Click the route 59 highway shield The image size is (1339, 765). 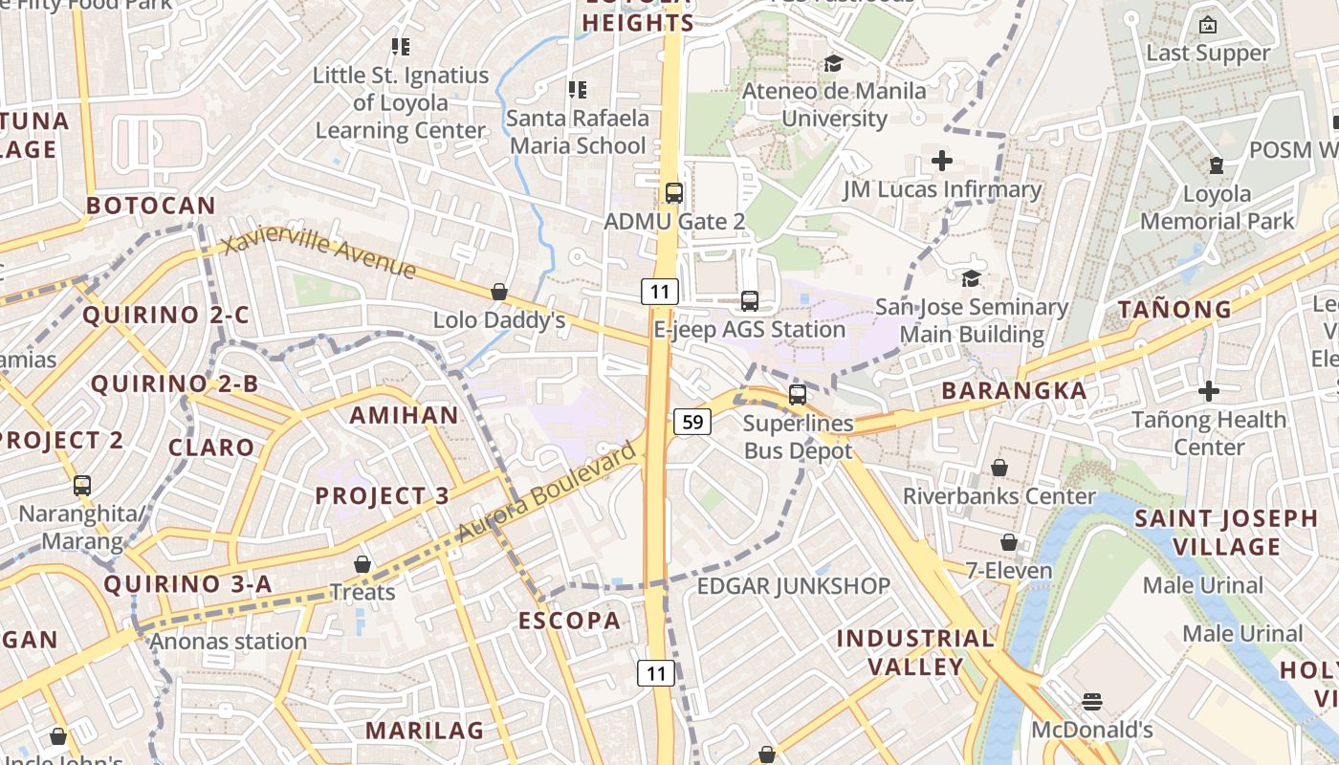coord(692,421)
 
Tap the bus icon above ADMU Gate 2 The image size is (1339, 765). coord(674,192)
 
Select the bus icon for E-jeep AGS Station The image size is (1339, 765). coord(750,301)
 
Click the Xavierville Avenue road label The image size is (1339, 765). coord(319,254)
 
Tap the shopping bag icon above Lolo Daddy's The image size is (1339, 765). coord(498,292)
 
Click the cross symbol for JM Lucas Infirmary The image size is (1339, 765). coord(942,161)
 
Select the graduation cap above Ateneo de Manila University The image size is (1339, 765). coord(833,63)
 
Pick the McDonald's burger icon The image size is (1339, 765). coord(1092,702)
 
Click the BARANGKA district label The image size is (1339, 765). coord(1014,390)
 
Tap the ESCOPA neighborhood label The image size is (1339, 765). coord(569,621)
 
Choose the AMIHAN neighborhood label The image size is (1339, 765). coord(404,415)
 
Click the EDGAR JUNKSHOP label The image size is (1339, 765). coord(793,585)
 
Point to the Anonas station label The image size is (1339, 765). coord(229,641)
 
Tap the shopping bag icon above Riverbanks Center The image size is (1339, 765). coord(999,468)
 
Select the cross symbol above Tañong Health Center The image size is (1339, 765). coord(1209,391)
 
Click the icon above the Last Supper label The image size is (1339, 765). coord(1208,25)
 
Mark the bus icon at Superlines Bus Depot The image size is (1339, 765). coord(798,394)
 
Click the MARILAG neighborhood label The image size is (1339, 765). coord(425,731)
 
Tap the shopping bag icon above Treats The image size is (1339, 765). coord(362,564)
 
